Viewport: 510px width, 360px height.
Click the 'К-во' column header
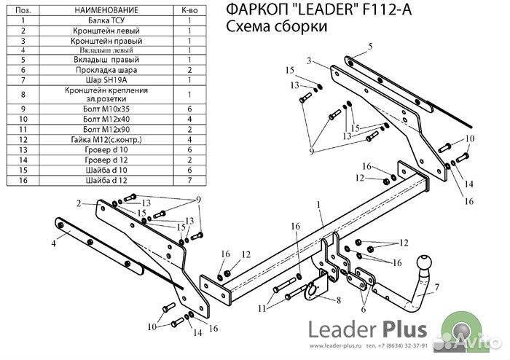point(189,11)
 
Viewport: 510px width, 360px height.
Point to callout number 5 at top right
point(369,47)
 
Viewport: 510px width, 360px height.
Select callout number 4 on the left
point(53,245)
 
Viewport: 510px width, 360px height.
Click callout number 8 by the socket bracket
point(337,300)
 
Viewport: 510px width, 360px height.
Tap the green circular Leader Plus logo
point(468,329)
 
